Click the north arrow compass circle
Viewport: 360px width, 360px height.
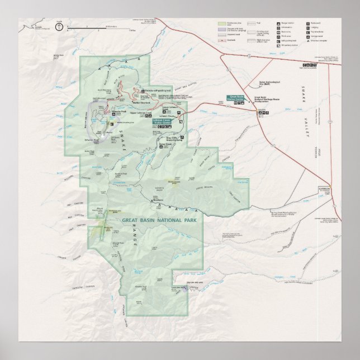click(x=59, y=25)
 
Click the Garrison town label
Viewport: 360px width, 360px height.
click(x=325, y=189)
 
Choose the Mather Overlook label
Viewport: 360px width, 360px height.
click(x=142, y=102)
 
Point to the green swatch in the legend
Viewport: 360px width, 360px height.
click(x=222, y=23)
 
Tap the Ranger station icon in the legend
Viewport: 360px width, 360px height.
click(x=278, y=23)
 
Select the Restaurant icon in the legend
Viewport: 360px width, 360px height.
click(x=306, y=23)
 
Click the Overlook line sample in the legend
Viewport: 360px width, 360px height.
click(x=223, y=40)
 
